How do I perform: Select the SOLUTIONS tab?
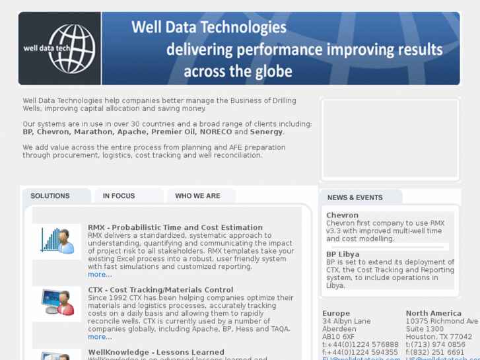(50, 196)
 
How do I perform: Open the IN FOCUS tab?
(119, 196)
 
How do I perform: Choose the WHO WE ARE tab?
(197, 196)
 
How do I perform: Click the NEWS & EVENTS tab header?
(355, 198)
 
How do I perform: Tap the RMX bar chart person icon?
(58, 241)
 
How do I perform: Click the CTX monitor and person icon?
(58, 303)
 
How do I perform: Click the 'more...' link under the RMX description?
(100, 275)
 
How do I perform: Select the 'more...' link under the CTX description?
(100, 337)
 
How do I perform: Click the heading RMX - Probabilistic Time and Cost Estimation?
(175, 228)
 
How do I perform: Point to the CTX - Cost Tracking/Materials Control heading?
(160, 290)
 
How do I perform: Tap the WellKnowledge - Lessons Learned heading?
(156, 352)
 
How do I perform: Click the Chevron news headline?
(342, 215)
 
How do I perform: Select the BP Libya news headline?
(343, 254)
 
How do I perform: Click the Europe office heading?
(336, 313)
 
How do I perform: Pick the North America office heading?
(434, 313)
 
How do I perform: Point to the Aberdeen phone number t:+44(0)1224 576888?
(360, 345)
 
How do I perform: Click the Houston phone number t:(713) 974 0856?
(435, 345)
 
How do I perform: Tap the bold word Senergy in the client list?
(267, 132)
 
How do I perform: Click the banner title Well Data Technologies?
(209, 28)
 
